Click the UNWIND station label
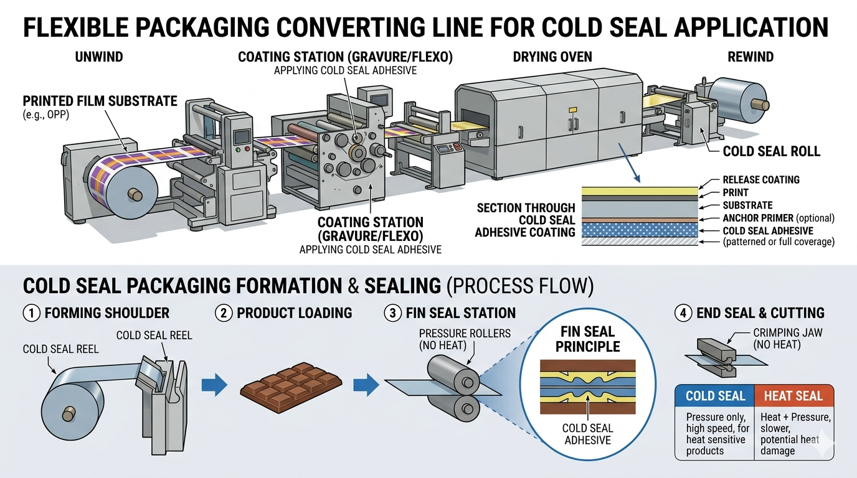pyautogui.click(x=99, y=57)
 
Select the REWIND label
pyautogui.click(x=750, y=57)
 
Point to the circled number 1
pyautogui.click(x=31, y=312)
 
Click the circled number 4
pyautogui.click(x=683, y=312)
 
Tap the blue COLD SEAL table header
pyautogui.click(x=715, y=396)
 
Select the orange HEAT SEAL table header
pyautogui.click(x=793, y=396)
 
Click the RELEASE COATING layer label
pyautogui.click(x=761, y=180)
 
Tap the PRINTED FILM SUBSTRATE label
pyautogui.click(x=100, y=101)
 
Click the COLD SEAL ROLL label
pyautogui.click(x=771, y=151)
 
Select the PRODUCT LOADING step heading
pyautogui.click(x=294, y=312)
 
